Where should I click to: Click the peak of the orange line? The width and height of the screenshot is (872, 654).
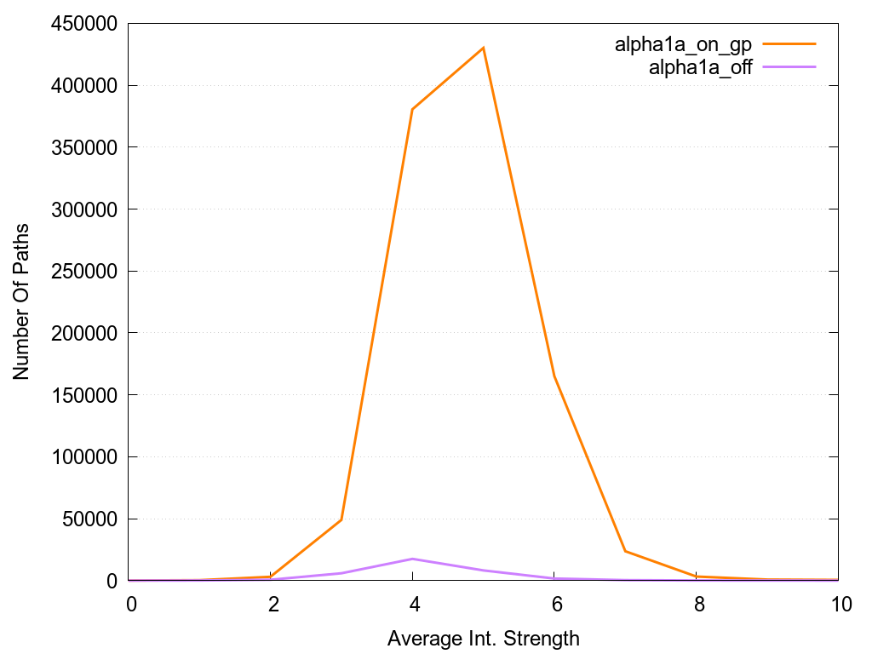[x=484, y=48]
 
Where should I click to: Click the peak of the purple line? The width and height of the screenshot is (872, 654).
[x=412, y=559]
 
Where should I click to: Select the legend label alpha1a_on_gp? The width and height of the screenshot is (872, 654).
[x=683, y=45]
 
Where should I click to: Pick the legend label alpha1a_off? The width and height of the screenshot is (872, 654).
[x=700, y=68]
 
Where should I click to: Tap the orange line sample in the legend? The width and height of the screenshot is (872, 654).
[x=789, y=43]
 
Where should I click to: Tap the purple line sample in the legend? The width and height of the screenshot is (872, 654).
[x=789, y=66]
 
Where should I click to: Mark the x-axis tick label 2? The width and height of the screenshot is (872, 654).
[x=273, y=604]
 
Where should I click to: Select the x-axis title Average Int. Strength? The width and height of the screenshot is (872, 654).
[x=483, y=638]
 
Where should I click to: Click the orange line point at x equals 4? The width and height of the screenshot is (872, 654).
[x=412, y=109]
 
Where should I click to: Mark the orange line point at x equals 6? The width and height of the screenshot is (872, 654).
[x=554, y=376]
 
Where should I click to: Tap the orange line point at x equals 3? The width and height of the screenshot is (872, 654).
[x=341, y=519]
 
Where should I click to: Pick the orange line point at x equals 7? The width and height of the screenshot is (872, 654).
[x=625, y=551]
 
